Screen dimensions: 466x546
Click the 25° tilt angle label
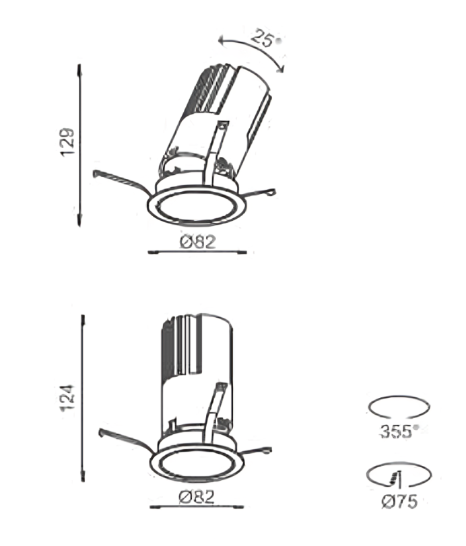[x=267, y=38]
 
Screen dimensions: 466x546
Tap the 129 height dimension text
[x=67, y=142]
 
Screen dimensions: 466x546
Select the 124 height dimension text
[x=67, y=397]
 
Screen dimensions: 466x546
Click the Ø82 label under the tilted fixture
[x=198, y=242]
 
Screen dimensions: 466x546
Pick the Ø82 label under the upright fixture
[x=197, y=497]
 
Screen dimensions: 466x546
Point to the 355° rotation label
[x=397, y=432]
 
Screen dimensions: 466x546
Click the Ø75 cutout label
[x=399, y=502]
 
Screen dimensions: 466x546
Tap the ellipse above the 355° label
[x=399, y=396]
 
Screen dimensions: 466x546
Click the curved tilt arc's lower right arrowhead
[x=280, y=69]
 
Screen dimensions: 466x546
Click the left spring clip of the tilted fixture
[x=122, y=181]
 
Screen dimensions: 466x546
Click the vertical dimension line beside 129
[x=79, y=145]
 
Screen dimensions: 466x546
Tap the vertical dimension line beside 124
[x=83, y=399]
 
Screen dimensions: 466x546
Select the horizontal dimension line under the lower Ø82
[x=197, y=507]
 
